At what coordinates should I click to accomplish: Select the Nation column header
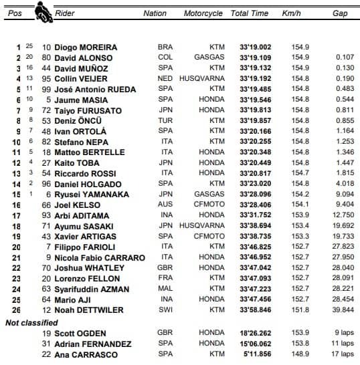pyautogui.click(x=155, y=13)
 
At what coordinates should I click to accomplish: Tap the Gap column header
pyautogui.click(x=341, y=13)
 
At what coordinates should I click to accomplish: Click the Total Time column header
pyautogui.click(x=249, y=13)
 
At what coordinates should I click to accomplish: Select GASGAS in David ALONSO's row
pyautogui.click(x=211, y=58)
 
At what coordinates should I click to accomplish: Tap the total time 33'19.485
pyautogui.click(x=249, y=90)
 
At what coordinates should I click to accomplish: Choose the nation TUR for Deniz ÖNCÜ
pyautogui.click(x=165, y=121)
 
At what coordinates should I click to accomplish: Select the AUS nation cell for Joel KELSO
pyautogui.click(x=165, y=205)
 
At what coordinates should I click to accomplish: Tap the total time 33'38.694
pyautogui.click(x=249, y=226)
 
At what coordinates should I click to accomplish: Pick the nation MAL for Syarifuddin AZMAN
pyautogui.click(x=165, y=289)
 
